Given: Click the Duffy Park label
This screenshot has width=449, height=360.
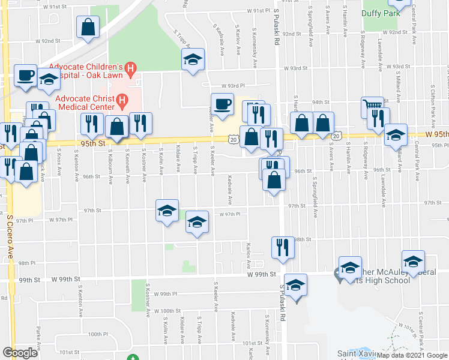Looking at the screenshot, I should [382, 13].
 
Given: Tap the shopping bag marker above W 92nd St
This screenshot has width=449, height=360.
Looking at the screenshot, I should [88, 26].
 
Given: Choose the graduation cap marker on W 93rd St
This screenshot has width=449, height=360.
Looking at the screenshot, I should [193, 59].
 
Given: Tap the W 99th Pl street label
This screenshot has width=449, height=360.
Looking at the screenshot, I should [162, 294].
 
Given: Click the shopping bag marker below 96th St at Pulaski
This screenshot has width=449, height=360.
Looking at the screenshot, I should [274, 179].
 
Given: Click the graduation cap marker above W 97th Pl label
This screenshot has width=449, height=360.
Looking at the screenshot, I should [167, 210].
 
